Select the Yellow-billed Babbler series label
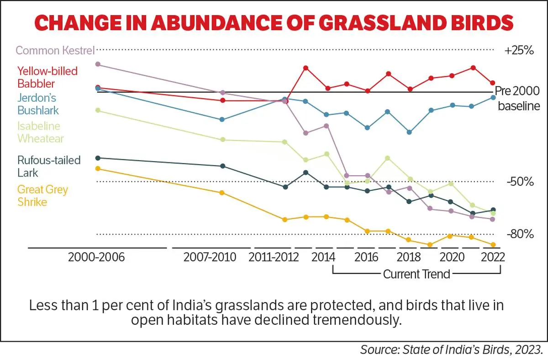[47, 77]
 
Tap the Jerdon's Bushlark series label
[38, 104]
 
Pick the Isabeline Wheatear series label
[40, 132]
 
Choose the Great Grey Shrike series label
[42, 195]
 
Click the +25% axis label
[519, 51]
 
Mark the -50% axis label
[520, 182]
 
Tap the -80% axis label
[520, 235]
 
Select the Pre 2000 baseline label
[518, 98]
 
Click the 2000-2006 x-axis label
[96, 257]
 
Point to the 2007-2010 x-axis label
[210, 257]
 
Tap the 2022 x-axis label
[492, 257]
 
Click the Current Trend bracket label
[416, 274]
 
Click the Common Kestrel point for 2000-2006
[97, 64]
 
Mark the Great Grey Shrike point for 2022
[493, 245]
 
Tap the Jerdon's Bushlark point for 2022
[493, 97]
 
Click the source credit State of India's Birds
[470, 350]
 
